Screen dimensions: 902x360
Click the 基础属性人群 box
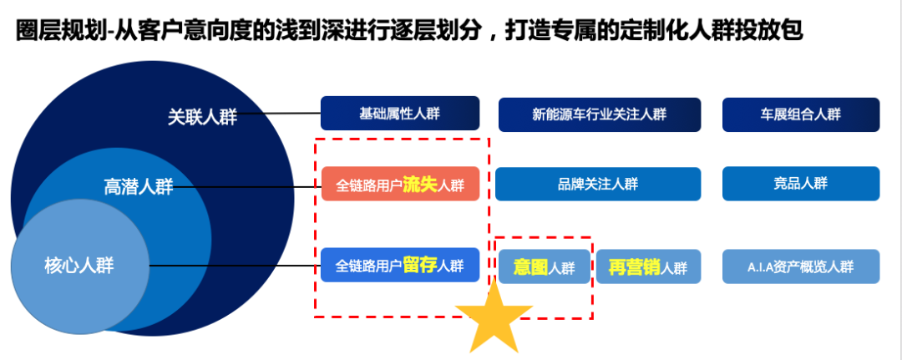click(400, 113)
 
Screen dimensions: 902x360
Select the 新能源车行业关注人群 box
click(600, 114)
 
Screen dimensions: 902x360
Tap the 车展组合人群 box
click(801, 114)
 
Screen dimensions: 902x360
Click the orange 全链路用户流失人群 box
click(400, 184)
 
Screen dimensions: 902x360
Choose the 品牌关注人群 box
click(598, 184)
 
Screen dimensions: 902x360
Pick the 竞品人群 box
click(801, 184)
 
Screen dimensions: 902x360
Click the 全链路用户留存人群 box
click(400, 265)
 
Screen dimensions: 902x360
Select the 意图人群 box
click(545, 266)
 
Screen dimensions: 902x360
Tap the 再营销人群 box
click(648, 266)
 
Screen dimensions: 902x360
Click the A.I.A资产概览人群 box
click(801, 266)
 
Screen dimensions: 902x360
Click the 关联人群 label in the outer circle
click(202, 117)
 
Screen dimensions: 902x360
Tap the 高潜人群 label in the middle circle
click(138, 186)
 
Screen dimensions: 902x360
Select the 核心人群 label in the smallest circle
click(79, 266)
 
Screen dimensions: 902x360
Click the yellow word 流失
click(420, 184)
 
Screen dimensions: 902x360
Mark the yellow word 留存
click(420, 265)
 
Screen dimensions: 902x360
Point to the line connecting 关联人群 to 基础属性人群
click(279, 114)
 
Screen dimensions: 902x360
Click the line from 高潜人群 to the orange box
click(247, 186)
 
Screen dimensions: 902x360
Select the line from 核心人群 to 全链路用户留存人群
click(235, 266)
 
